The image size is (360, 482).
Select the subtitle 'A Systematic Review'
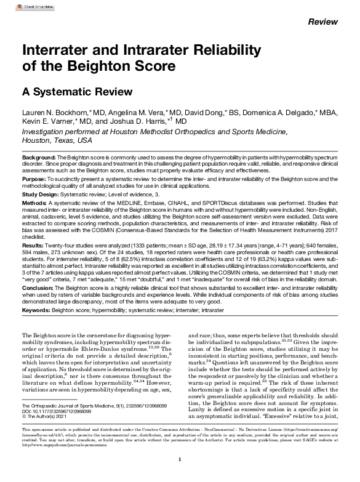coord(78,92)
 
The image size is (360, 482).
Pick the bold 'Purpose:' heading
coord(34,179)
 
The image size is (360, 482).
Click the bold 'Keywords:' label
coord(36,311)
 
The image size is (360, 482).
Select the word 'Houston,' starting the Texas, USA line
coord(36,140)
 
